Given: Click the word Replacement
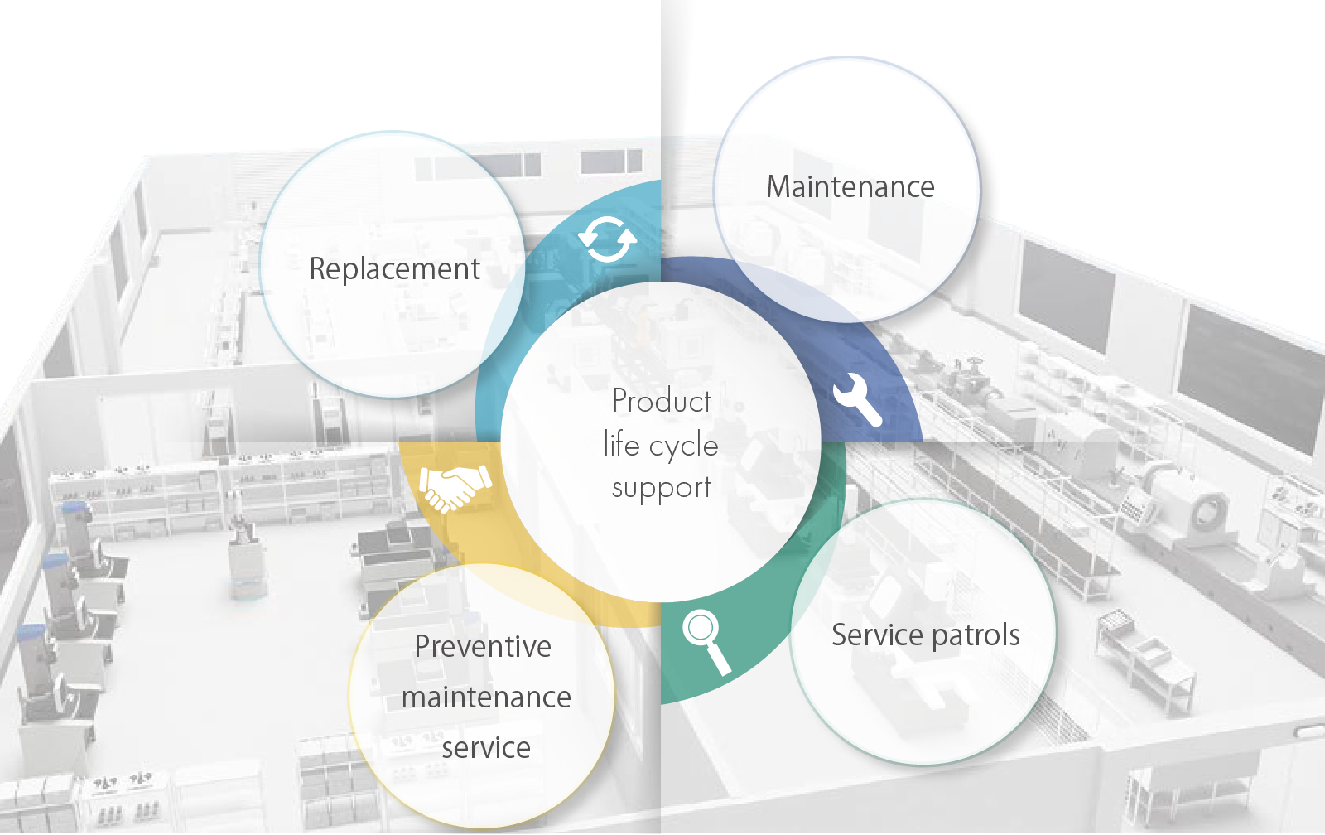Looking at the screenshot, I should coord(394,269).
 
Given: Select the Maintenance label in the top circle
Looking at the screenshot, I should coord(850,187).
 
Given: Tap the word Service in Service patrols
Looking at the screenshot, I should coord(876,635).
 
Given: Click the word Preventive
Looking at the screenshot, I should coord(483,647).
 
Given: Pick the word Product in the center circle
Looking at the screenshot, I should coord(661,401).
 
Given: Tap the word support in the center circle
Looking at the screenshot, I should coord(661,488).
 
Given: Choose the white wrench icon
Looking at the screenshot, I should coord(857,398).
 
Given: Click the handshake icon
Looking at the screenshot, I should coord(455,487).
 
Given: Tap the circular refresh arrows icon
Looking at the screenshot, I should coord(607,239).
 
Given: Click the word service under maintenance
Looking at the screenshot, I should coord(486,748).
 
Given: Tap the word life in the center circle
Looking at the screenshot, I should coord(621,445).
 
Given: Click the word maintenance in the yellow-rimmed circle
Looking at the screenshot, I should coord(486,697).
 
